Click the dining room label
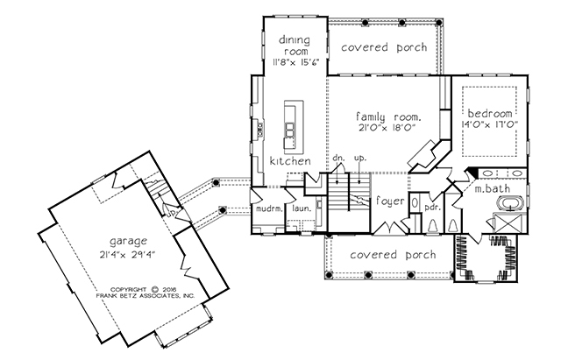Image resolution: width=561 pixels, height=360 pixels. click(x=295, y=46)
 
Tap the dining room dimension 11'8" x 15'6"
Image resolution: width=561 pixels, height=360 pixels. click(x=295, y=61)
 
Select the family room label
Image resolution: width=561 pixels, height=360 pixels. click(x=387, y=117)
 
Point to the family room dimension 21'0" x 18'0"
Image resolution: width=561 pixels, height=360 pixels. click(x=388, y=128)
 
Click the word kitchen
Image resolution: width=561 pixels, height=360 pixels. click(x=290, y=161)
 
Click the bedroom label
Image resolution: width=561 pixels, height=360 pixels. click(x=490, y=114)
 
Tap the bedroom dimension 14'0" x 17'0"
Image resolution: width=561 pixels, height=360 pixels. click(x=490, y=124)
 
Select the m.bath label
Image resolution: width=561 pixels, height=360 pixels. click(x=493, y=188)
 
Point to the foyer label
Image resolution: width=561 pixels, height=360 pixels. click(x=390, y=201)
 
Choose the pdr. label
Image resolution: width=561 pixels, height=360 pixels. click(x=432, y=208)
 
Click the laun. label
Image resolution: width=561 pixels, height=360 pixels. click(x=302, y=208)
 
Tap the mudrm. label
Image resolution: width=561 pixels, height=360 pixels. click(x=269, y=208)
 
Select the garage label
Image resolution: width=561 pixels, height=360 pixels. click(x=128, y=242)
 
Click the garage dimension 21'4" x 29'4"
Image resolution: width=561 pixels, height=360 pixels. click(x=128, y=255)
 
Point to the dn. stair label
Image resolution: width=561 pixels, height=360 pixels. click(x=337, y=158)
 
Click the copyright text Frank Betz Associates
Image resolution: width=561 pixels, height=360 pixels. click(x=145, y=296)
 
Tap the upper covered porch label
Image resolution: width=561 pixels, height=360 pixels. click(x=384, y=47)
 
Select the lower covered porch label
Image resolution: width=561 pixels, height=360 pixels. click(x=393, y=255)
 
